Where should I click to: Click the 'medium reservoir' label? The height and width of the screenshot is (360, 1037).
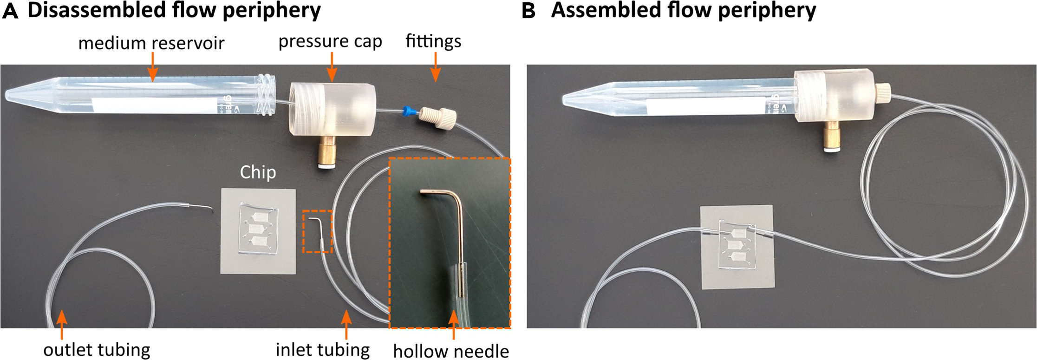pyautogui.click(x=151, y=43)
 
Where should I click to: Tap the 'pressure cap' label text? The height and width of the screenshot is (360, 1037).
pyautogui.click(x=330, y=42)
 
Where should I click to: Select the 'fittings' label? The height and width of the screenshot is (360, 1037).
pyautogui.click(x=433, y=41)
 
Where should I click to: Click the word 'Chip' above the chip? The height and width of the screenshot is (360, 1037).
pyautogui.click(x=258, y=172)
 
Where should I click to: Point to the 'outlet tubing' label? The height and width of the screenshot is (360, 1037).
pyautogui.click(x=97, y=349)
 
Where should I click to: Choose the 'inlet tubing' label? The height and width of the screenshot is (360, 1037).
pyautogui.click(x=323, y=349)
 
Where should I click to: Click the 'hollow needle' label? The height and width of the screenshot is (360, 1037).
pyautogui.click(x=451, y=351)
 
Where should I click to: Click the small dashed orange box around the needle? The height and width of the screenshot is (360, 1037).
pyautogui.click(x=318, y=231)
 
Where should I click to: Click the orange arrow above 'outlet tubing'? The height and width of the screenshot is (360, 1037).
pyautogui.click(x=61, y=323)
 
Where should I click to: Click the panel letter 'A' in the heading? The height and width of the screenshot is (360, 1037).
pyautogui.click(x=10, y=11)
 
